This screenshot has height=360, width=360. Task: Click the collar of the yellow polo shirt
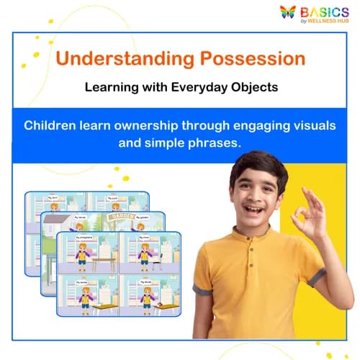248,238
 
